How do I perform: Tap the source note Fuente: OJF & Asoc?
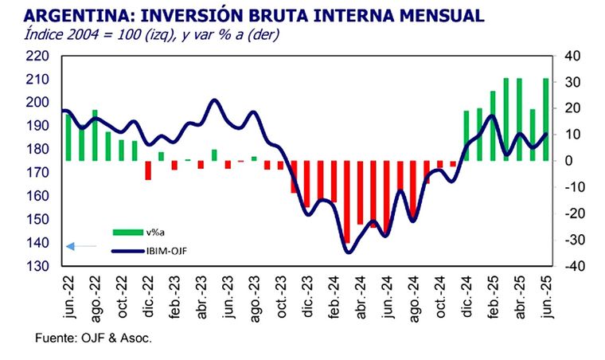click(93, 338)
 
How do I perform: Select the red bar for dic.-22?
click(147, 170)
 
